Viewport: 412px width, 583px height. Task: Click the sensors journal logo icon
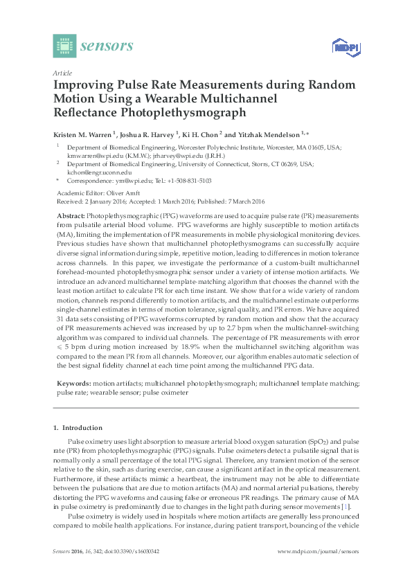click(x=64, y=46)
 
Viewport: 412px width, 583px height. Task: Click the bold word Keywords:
click(x=73, y=383)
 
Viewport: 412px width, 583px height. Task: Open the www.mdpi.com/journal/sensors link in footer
click(x=318, y=551)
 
